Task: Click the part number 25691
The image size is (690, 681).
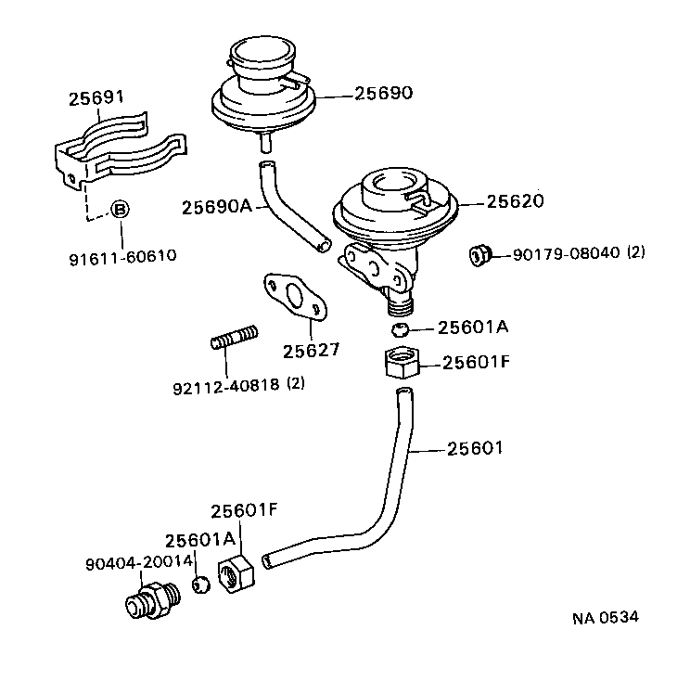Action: point(97,98)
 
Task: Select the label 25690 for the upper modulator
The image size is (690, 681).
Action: point(383,94)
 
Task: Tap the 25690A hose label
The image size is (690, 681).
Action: point(217,206)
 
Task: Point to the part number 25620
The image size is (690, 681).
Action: point(515,201)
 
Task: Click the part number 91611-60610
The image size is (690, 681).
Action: point(121,256)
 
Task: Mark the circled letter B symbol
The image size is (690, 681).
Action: point(121,210)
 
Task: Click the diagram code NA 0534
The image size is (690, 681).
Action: point(605,617)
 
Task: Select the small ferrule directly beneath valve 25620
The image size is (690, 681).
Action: point(400,329)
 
